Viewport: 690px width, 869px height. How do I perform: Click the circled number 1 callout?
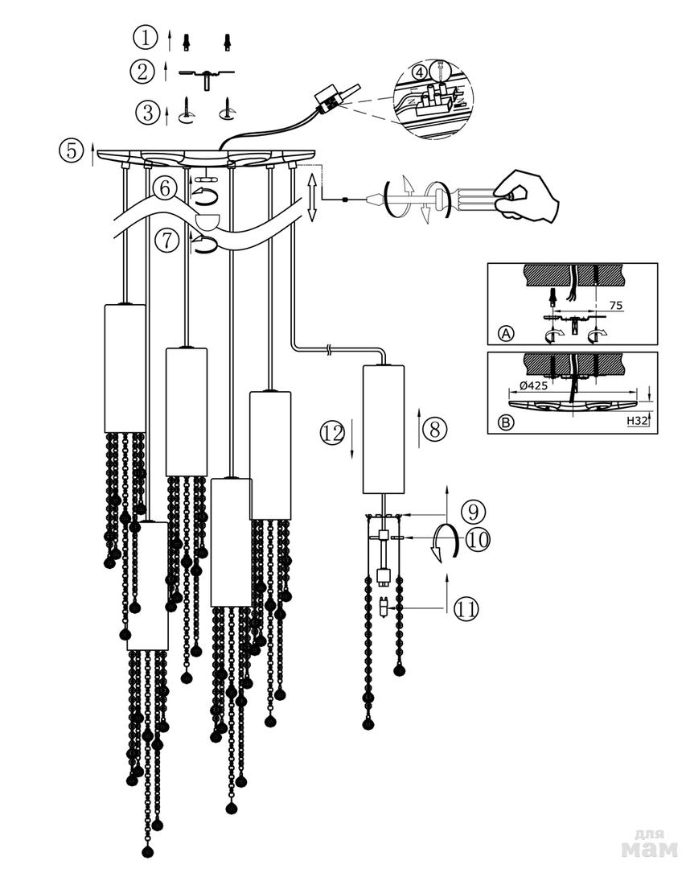[145, 37]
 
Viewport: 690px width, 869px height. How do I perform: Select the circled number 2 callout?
[142, 72]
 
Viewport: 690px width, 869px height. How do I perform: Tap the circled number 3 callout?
[147, 111]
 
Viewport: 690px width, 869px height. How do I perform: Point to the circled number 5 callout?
[72, 150]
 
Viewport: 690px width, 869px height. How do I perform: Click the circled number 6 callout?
[165, 190]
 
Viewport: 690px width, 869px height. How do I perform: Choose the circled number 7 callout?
[166, 241]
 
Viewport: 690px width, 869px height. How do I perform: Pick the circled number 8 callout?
[434, 429]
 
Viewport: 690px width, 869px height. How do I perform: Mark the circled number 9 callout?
[474, 511]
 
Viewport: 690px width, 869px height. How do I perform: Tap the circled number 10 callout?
[478, 539]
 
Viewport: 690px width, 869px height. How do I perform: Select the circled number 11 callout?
[466, 609]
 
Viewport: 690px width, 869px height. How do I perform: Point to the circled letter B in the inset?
[506, 422]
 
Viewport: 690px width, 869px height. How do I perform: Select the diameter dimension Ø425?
[534, 385]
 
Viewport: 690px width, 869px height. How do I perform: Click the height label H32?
[636, 420]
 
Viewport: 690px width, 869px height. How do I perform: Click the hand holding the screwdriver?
[528, 196]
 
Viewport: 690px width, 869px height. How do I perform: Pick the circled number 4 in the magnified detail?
[418, 72]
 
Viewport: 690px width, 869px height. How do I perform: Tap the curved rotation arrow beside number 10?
[445, 542]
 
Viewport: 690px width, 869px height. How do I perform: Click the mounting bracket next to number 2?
[207, 74]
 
